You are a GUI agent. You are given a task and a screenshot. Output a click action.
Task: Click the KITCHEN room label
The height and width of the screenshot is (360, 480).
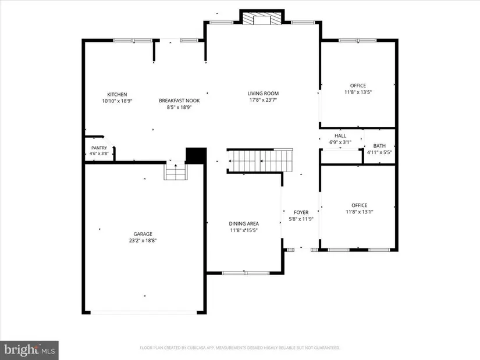[x=117, y=95]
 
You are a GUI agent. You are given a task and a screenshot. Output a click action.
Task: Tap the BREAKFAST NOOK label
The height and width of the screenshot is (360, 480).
[x=179, y=101]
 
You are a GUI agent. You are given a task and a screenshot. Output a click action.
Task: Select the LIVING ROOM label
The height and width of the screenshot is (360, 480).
[x=263, y=94]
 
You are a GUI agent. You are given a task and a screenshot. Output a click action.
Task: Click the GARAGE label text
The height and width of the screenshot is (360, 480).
[x=143, y=234]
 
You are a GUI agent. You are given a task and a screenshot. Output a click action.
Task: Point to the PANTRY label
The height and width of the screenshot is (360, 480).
[x=99, y=148]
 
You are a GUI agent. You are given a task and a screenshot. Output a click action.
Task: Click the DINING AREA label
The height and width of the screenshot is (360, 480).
[x=244, y=224]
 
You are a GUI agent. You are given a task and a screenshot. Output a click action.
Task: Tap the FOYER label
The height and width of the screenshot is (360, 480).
[x=301, y=212]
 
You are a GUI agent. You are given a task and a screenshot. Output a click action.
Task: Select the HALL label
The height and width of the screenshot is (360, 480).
[x=340, y=136]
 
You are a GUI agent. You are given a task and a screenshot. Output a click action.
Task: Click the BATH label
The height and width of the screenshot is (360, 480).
[x=379, y=146]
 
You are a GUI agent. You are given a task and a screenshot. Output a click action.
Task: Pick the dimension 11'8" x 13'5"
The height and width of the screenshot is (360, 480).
[x=358, y=92]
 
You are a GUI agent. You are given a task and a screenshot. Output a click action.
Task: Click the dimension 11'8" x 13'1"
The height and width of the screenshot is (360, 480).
[x=360, y=212]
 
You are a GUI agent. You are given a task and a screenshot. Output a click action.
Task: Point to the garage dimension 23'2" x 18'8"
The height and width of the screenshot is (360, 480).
[x=143, y=241]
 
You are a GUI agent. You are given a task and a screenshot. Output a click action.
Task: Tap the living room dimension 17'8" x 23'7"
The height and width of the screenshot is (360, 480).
[x=263, y=100]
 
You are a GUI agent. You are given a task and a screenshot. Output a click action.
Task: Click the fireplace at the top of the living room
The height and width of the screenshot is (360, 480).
[x=262, y=18]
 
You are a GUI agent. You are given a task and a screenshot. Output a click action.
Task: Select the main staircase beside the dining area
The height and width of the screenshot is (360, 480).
[x=260, y=161]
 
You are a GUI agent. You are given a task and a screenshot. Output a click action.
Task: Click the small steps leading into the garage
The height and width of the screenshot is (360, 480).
[x=176, y=170]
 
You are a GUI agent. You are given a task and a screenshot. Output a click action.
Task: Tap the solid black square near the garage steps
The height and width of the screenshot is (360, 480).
[x=196, y=155]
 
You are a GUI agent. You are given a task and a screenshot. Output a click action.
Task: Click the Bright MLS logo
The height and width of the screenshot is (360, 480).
[x=30, y=350]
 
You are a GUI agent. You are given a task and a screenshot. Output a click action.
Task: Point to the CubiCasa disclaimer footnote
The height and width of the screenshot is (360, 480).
[x=240, y=348]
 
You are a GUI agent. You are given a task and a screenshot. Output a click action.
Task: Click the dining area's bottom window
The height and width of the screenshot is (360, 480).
[x=246, y=273]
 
